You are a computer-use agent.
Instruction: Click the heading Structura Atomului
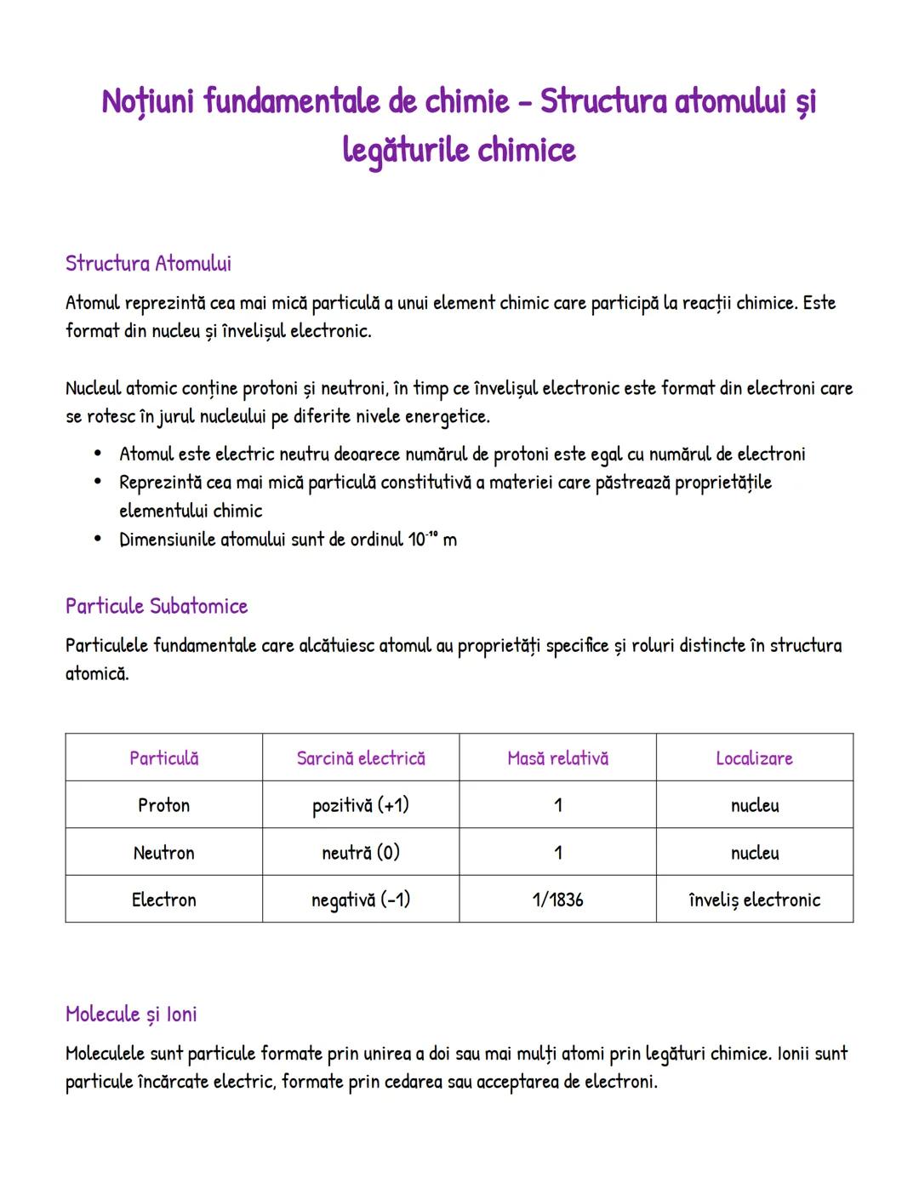point(148,263)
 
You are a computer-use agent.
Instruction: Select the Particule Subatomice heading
point(157,606)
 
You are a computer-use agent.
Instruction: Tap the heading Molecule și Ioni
point(131,1014)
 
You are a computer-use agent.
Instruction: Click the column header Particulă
point(163,757)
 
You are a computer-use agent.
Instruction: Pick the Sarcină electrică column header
point(361,757)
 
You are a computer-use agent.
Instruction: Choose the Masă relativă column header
point(557,757)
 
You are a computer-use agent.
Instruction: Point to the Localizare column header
point(754,757)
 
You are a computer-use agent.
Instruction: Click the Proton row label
point(163,805)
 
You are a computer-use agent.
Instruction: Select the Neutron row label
point(163,852)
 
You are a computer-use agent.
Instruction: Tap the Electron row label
point(163,900)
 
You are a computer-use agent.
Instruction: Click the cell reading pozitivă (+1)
point(361,805)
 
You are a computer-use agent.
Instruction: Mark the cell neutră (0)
point(361,852)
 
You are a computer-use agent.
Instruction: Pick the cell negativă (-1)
point(361,900)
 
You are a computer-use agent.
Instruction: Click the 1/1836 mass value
point(557,900)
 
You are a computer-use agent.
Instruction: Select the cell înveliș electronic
point(754,900)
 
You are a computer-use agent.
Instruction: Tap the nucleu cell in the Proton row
point(754,805)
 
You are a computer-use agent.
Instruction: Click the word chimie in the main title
point(466,101)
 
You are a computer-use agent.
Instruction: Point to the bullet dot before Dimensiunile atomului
point(99,539)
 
